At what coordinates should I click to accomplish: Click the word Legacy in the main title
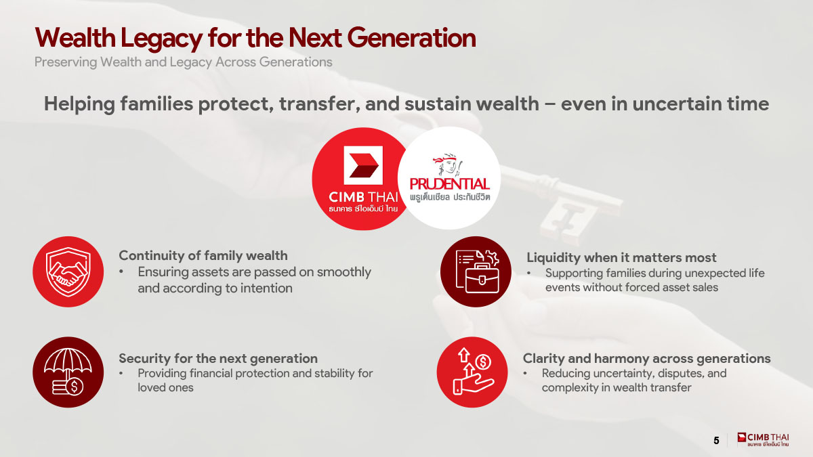161,39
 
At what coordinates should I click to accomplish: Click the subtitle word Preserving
66,62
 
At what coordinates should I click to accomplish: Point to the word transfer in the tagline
319,104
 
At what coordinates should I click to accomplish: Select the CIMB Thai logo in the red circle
363,179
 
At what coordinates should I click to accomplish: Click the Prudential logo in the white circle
449,177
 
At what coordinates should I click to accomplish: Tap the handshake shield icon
68,271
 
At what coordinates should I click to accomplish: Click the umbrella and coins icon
68,372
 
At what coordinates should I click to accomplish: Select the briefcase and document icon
476,271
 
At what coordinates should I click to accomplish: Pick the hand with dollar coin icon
472,372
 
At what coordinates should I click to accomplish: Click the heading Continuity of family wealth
203,256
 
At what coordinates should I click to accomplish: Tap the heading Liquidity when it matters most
621,257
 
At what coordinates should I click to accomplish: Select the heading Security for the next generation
218,359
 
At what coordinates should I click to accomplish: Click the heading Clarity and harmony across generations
646,359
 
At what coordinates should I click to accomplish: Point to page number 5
716,440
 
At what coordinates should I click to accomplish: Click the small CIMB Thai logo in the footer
763,439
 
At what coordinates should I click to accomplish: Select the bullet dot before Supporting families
529,273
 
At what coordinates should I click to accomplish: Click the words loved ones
165,388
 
